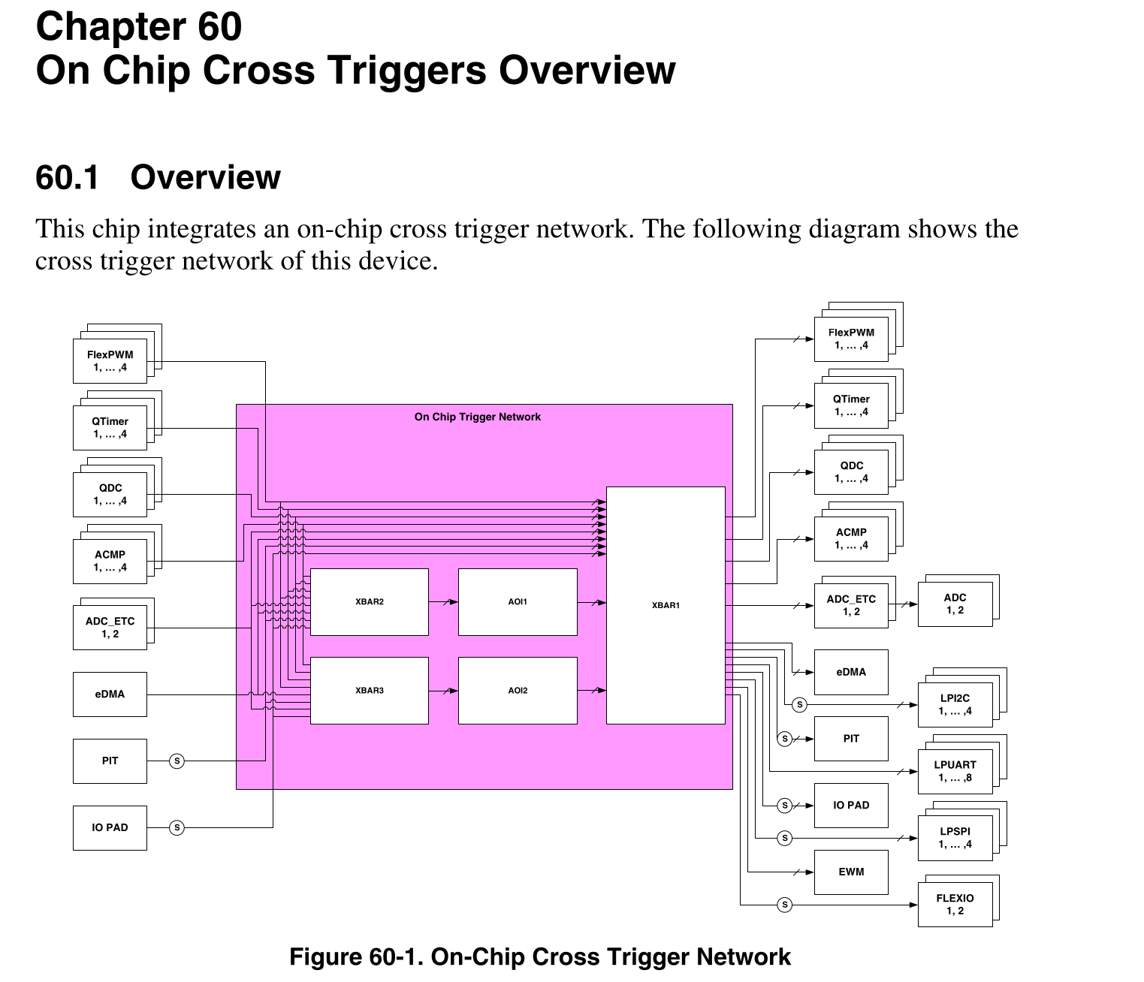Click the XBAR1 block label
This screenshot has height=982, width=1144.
pyautogui.click(x=666, y=605)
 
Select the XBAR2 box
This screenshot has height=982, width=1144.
pyautogui.click(x=369, y=602)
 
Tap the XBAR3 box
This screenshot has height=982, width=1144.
pyautogui.click(x=369, y=691)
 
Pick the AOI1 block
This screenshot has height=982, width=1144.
pyautogui.click(x=518, y=602)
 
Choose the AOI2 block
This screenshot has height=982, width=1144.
pyautogui.click(x=518, y=691)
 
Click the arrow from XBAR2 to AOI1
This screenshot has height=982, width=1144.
pyautogui.click(x=443, y=602)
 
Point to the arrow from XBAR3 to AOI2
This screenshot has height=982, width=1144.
pyautogui.click(x=443, y=691)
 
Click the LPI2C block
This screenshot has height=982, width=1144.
pyautogui.click(x=955, y=704)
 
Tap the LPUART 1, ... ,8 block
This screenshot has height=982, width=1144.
pyautogui.click(x=955, y=771)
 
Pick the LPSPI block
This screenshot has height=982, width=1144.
pyautogui.click(x=955, y=838)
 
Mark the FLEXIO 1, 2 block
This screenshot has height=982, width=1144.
pyautogui.click(x=955, y=904)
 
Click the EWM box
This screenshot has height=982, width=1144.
pyautogui.click(x=851, y=872)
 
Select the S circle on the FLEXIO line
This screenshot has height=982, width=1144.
pyautogui.click(x=784, y=905)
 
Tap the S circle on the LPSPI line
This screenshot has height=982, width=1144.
pyautogui.click(x=784, y=838)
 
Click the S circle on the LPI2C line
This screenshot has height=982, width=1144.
pyautogui.click(x=799, y=705)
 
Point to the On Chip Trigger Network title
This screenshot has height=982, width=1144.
pyautogui.click(x=477, y=417)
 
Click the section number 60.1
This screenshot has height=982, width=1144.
pyautogui.click(x=67, y=178)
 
